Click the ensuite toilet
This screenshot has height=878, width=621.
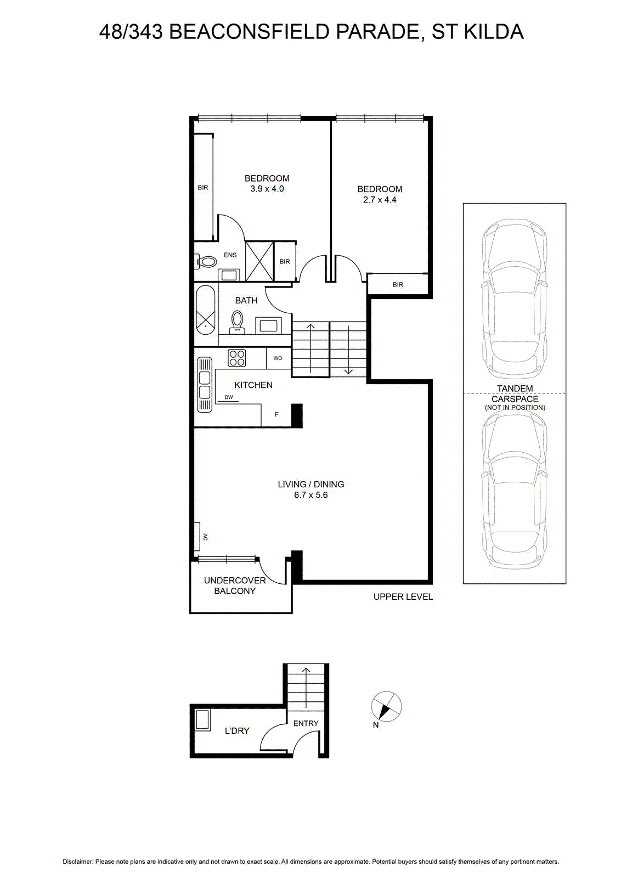(206, 261)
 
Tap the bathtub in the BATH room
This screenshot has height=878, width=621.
(205, 310)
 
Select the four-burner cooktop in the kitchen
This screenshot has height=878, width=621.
(237, 358)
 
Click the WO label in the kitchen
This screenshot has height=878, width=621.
(278, 358)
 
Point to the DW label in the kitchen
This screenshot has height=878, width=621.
(229, 397)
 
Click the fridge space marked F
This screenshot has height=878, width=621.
(276, 414)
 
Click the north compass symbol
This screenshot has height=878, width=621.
(386, 706)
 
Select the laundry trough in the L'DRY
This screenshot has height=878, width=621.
(203, 719)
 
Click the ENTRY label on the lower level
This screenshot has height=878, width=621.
(306, 723)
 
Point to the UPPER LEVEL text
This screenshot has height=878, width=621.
(403, 597)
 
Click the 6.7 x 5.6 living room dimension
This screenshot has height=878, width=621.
(310, 495)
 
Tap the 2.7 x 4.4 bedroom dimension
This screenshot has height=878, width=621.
(380, 200)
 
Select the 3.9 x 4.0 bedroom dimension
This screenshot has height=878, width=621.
(267, 189)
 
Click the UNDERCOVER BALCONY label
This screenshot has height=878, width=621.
(235, 586)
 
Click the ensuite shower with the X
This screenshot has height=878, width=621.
(259, 261)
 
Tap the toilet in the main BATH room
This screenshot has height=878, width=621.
(237, 322)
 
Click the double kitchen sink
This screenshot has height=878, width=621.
(204, 385)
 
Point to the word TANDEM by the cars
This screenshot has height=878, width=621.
(515, 389)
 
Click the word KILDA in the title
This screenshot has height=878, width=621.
(494, 32)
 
